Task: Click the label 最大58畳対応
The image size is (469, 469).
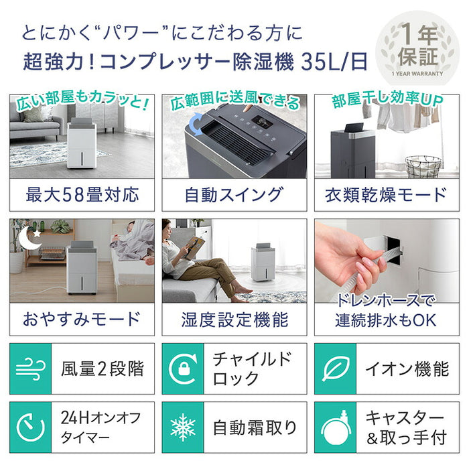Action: pos(82,195)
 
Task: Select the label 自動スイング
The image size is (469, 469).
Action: pos(234,195)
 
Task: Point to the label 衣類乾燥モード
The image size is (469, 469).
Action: pos(386,195)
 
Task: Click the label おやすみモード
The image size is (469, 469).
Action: pos(82,318)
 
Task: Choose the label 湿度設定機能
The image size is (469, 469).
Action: pos(234,318)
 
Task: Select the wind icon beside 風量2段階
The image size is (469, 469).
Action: pos(31,368)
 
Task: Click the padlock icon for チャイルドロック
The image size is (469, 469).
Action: pos(183,368)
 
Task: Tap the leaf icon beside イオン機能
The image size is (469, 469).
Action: pos(334,368)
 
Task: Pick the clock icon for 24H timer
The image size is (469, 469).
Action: pos(31,427)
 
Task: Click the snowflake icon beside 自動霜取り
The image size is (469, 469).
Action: pos(183,427)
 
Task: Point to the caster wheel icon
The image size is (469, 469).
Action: pos(334,427)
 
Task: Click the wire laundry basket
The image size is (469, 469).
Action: pos(423,165)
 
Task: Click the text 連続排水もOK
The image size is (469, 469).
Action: pos(386,320)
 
